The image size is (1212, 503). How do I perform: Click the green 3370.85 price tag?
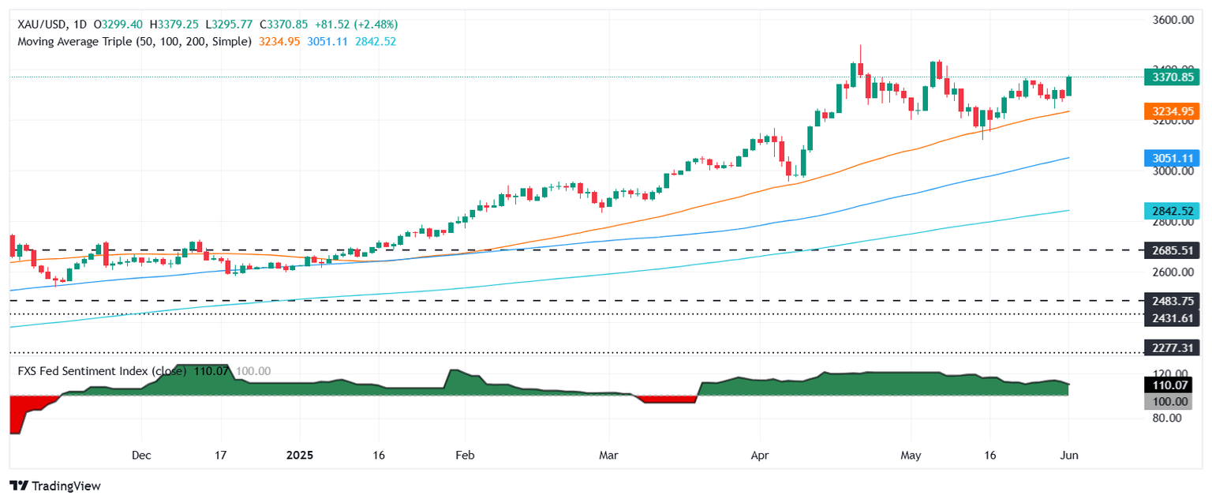pyautogui.click(x=1172, y=77)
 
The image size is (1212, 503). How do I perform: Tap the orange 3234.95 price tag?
pyautogui.click(x=1172, y=112)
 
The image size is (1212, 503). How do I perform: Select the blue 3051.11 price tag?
pyautogui.click(x=1172, y=158)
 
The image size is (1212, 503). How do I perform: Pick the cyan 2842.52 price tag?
pyautogui.click(x=1172, y=211)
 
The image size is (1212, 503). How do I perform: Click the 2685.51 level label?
pyautogui.click(x=1172, y=250)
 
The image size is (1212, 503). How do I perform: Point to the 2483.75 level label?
pyautogui.click(x=1172, y=301)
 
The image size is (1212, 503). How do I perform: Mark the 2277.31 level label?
pyautogui.click(x=1172, y=347)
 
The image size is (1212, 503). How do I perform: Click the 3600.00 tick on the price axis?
pyautogui.click(x=1172, y=20)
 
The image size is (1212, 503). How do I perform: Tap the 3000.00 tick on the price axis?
pyautogui.click(x=1172, y=171)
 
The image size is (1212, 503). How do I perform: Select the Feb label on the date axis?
pyautogui.click(x=464, y=455)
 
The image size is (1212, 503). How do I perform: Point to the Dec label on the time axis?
pyautogui.click(x=140, y=455)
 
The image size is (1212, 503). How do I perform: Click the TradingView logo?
pyautogui.click(x=55, y=486)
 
